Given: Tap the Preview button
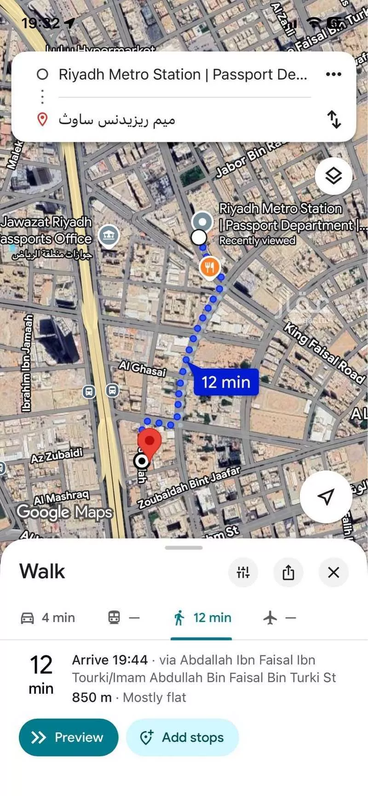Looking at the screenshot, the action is pos(68,737).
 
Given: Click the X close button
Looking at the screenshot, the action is pos(333,572).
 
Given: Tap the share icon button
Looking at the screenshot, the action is pos(288,572).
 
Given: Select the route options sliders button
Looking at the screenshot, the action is pos(243,572).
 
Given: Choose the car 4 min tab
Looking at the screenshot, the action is pos(48,617).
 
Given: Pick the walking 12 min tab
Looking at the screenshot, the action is pos(201,617).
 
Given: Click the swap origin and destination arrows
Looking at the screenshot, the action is pos(334,119).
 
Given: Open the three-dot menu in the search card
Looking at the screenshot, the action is pos(333,74).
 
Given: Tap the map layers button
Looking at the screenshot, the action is pos(333,176).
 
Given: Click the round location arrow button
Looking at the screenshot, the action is pos(326,496).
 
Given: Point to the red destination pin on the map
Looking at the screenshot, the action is pos(149,443).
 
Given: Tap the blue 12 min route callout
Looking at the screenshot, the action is pos(226,382).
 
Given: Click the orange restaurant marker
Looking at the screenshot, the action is pos(209,267).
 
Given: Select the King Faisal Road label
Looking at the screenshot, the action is pos(324,352).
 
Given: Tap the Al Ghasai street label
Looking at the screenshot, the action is pos(142,368).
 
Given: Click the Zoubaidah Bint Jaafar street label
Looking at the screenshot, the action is pos(189,488).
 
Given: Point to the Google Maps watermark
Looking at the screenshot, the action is pos(64,512).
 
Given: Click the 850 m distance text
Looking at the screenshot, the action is pos(92,697).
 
